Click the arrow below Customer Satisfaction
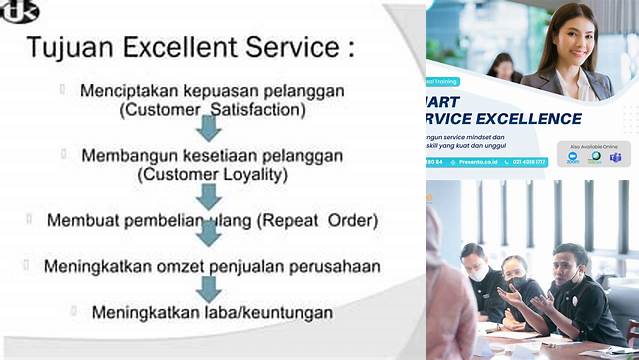click(x=208, y=129)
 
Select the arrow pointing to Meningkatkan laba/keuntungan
click(x=208, y=288)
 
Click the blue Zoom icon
click(x=573, y=158)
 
